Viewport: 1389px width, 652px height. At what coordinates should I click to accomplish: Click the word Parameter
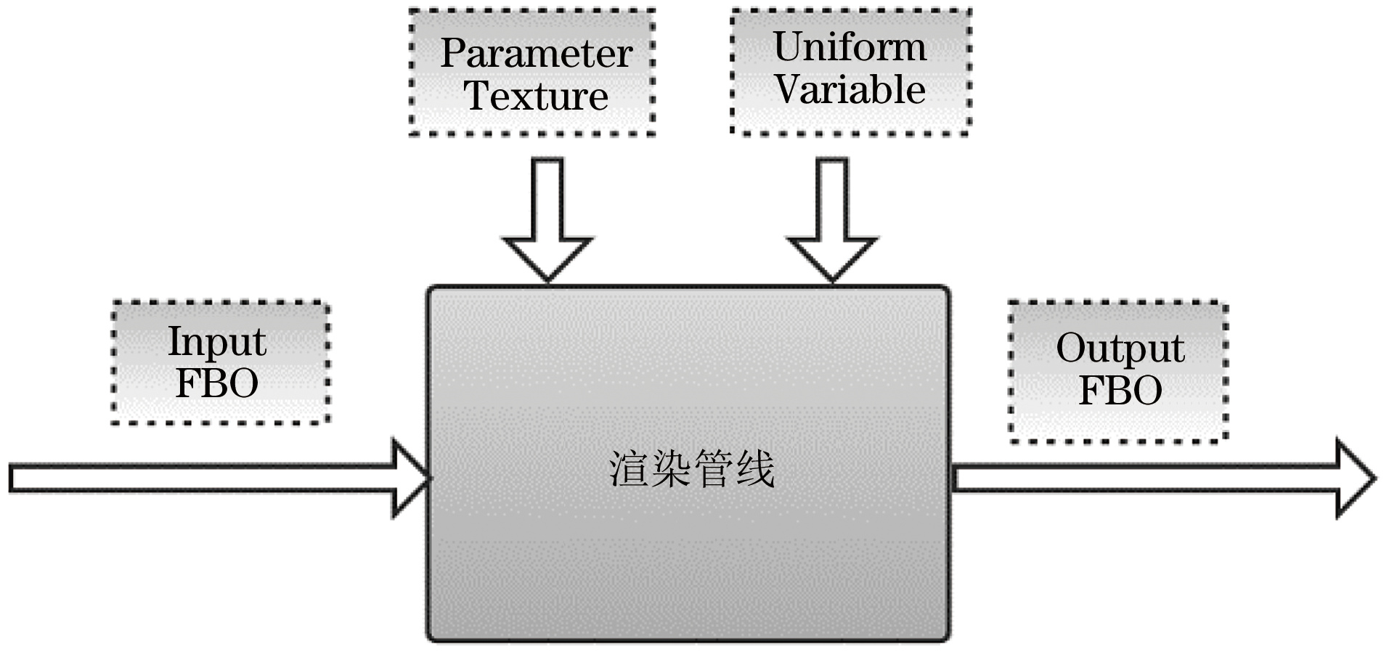pyautogui.click(x=536, y=53)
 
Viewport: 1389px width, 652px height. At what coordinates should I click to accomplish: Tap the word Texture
pyautogui.click(x=536, y=96)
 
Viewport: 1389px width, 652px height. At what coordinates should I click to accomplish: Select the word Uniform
pyautogui.click(x=850, y=47)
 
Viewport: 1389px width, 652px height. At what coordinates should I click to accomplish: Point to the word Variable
pyautogui.click(x=850, y=90)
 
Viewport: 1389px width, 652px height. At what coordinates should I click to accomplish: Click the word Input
pyautogui.click(x=217, y=341)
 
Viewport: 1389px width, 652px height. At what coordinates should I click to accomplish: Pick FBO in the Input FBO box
pyautogui.click(x=217, y=383)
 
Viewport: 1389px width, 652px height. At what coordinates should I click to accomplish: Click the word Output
pyautogui.click(x=1120, y=349)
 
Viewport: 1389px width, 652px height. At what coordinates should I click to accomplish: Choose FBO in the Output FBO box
pyautogui.click(x=1120, y=391)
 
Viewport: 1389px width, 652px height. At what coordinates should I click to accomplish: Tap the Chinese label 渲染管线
pyautogui.click(x=691, y=469)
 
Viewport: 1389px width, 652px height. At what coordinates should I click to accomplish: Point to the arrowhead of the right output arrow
pyautogui.click(x=1355, y=478)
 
